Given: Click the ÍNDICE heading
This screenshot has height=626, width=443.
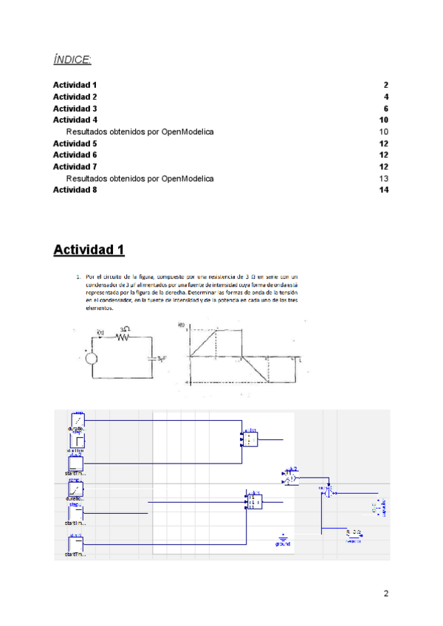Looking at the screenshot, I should (x=72, y=58).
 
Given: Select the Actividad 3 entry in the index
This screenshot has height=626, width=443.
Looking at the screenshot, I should (x=75, y=109).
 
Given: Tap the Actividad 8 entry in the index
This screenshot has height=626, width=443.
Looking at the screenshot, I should (x=75, y=190).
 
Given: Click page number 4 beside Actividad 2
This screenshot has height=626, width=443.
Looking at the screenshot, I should (x=386, y=97).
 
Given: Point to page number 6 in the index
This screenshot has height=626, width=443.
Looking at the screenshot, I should (x=386, y=109).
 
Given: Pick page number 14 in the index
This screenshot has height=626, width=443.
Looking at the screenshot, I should (x=384, y=190).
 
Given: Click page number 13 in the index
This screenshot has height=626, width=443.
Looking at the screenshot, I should (x=384, y=179).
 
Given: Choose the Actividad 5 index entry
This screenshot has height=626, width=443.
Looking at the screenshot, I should (x=75, y=143).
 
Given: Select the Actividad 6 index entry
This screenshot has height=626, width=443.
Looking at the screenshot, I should (x=75, y=155).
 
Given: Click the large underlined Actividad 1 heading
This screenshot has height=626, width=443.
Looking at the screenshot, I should (x=89, y=250).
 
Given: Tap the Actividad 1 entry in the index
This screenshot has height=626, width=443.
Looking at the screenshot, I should (x=75, y=85).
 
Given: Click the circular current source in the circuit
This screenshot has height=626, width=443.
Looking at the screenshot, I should (x=92, y=359).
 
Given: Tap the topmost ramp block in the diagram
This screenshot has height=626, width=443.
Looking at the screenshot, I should (x=76, y=419).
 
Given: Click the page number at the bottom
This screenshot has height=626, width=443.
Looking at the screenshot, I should (x=385, y=594).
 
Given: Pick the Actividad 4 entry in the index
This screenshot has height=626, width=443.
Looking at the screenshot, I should (x=75, y=120).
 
